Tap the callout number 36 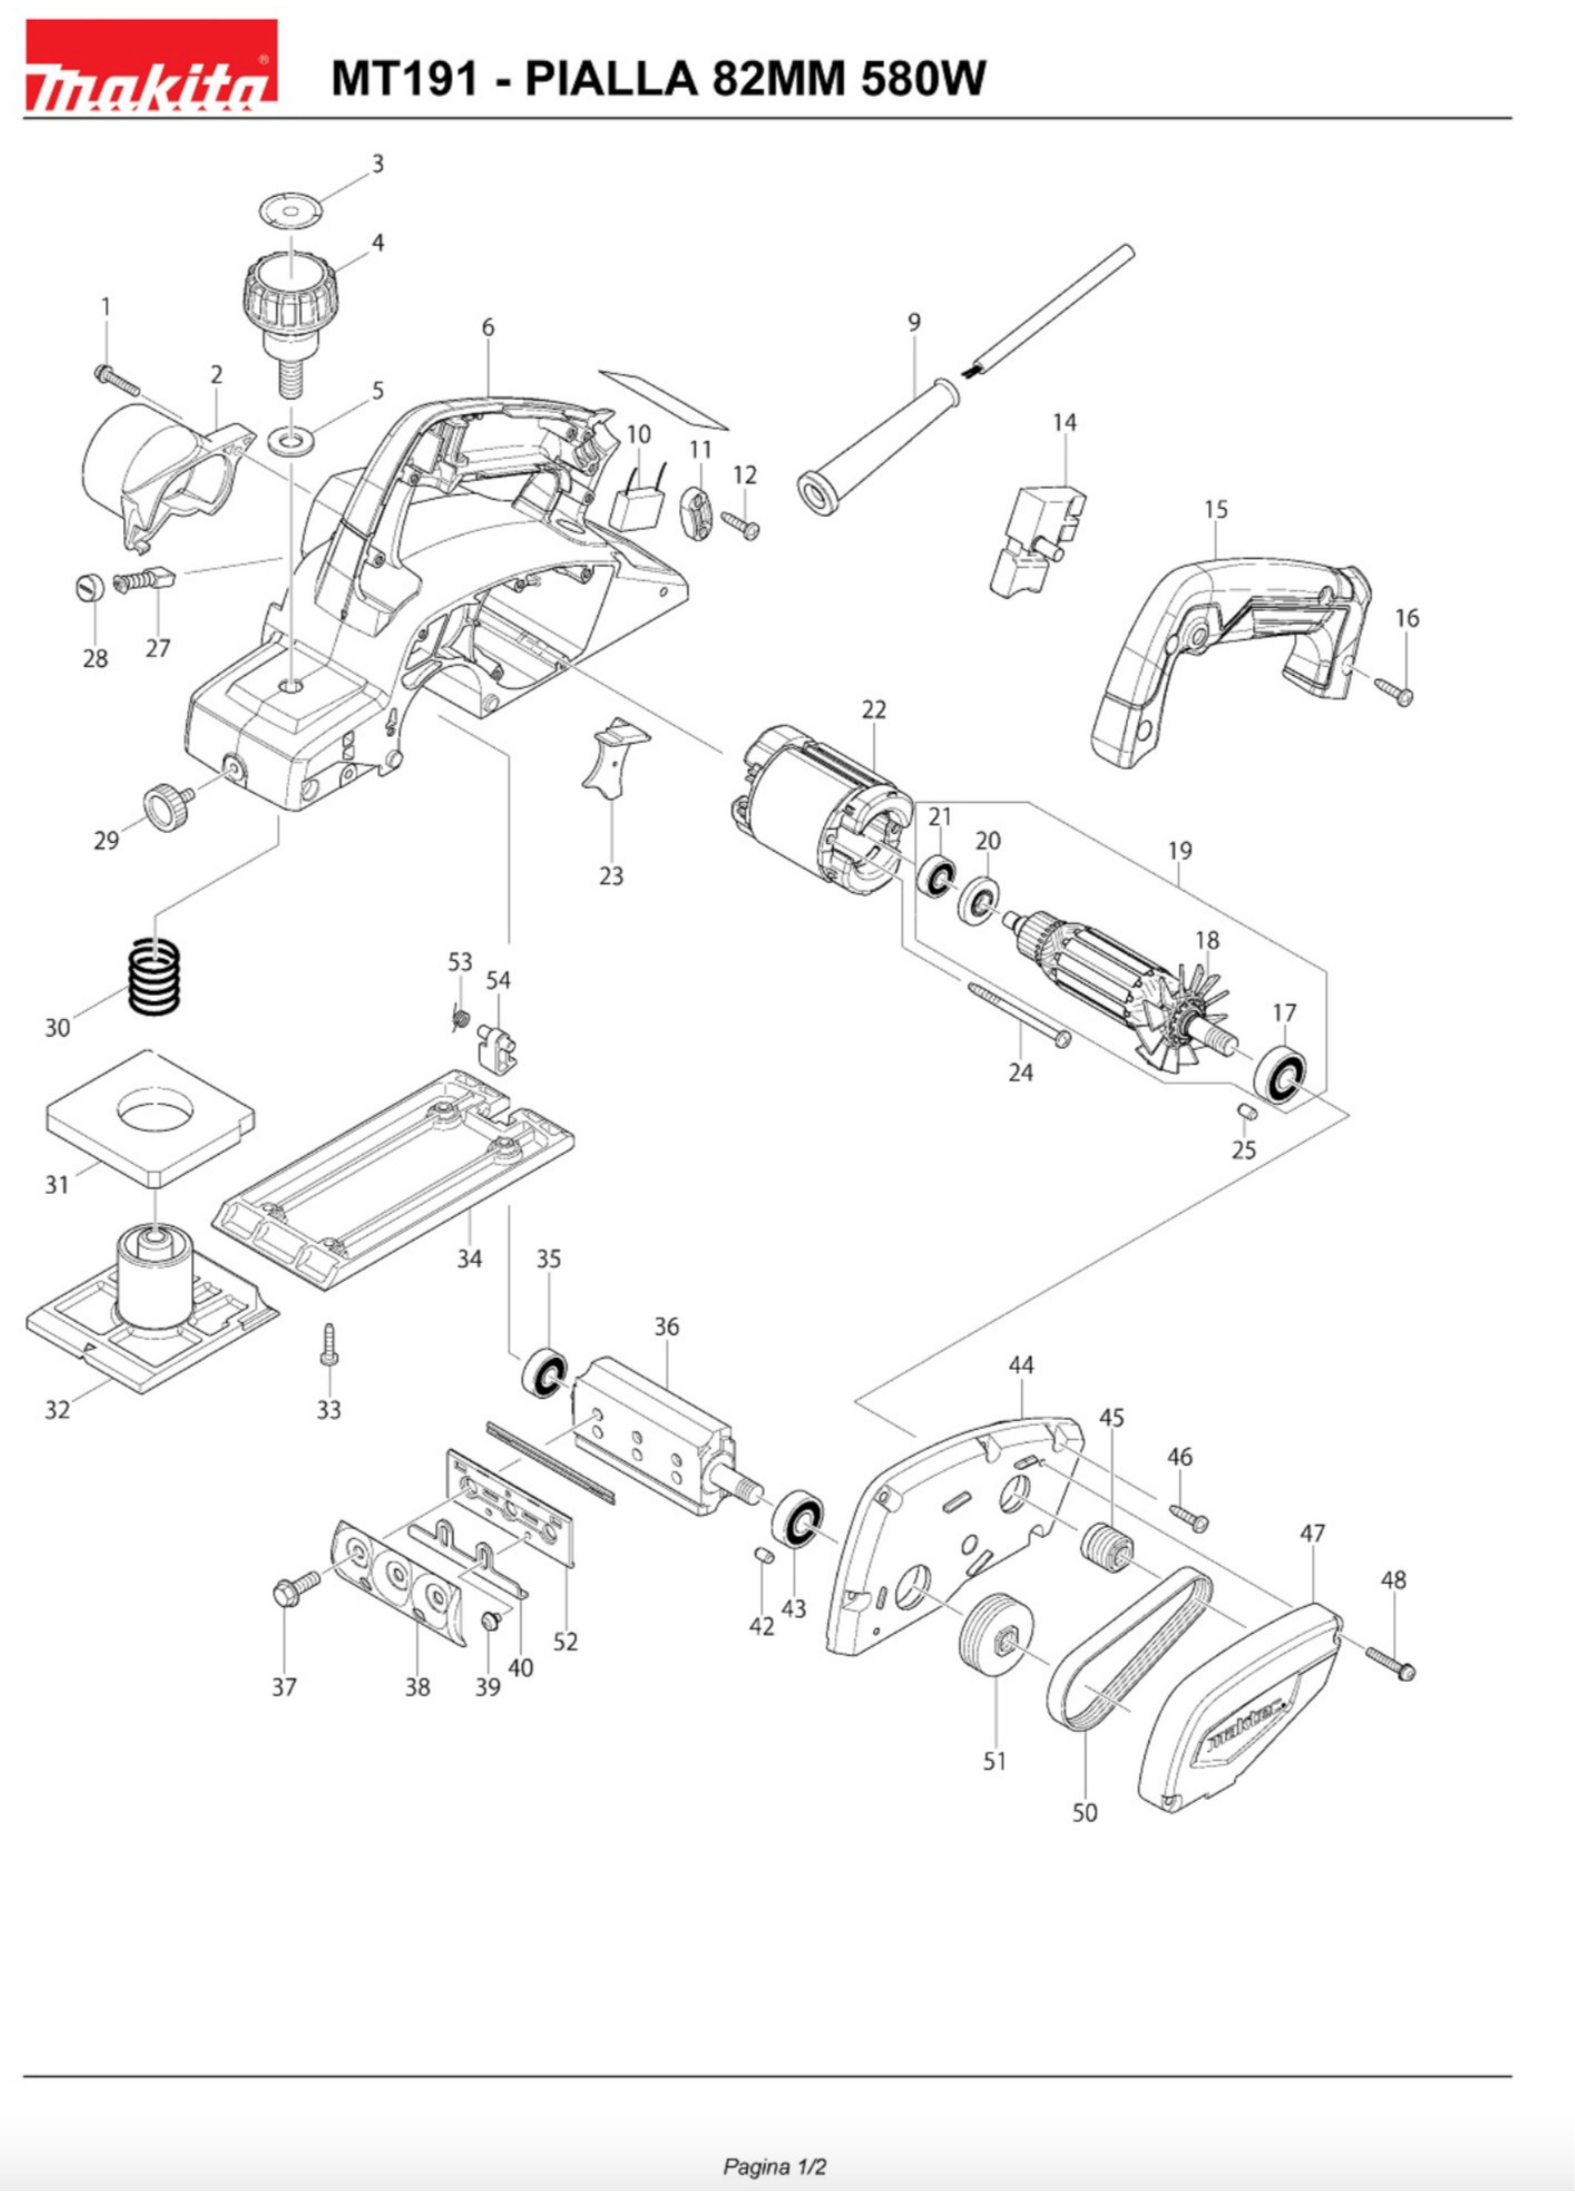click(667, 1326)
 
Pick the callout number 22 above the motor click(874, 709)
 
